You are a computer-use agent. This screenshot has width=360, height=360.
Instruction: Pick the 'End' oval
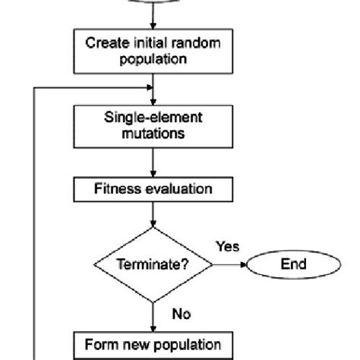click(x=293, y=265)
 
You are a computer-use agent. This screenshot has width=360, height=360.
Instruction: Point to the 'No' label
click(x=182, y=312)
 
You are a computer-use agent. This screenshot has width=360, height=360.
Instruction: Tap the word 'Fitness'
click(x=116, y=186)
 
